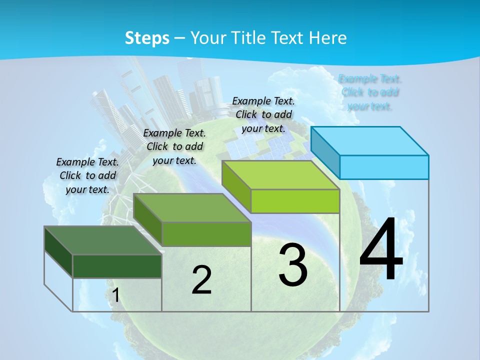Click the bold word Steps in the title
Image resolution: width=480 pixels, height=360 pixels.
click(147, 38)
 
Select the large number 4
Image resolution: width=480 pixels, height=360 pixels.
click(381, 250)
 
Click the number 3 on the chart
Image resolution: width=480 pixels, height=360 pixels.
click(293, 265)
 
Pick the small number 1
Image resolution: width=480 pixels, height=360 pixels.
click(115, 295)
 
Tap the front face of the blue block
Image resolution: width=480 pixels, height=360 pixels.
click(384, 167)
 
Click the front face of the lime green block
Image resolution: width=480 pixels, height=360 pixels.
click(295, 201)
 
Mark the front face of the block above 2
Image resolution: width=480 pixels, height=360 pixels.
click(206, 234)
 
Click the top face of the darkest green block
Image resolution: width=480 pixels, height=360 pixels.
click(103, 240)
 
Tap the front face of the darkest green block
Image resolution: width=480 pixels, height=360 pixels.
click(117, 266)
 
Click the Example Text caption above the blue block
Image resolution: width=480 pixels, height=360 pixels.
click(370, 92)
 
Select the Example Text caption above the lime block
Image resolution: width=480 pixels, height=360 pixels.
click(263, 114)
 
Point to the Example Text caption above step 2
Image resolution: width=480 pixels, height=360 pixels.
click(174, 146)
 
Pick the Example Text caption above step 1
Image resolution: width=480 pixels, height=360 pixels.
click(87, 175)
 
